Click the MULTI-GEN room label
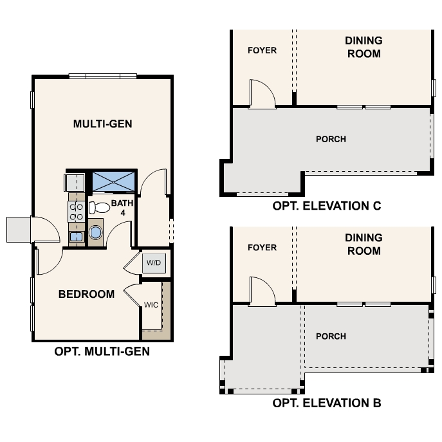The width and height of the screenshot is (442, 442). click(x=102, y=124)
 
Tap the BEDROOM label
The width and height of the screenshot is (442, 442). click(x=87, y=294)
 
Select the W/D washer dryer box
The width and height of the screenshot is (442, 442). click(x=154, y=263)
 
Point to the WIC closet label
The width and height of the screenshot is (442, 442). click(x=151, y=305)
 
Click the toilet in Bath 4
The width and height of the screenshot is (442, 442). click(x=99, y=208)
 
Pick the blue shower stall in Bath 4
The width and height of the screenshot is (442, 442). click(x=113, y=182)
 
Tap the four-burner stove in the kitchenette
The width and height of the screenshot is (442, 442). click(x=76, y=212)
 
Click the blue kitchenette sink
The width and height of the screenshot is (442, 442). click(x=76, y=236)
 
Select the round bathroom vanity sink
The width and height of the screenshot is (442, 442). click(x=96, y=232)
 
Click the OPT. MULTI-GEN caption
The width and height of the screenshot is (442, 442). click(x=102, y=351)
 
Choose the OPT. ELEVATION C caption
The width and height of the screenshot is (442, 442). click(x=327, y=206)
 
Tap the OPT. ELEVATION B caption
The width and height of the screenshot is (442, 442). click(x=327, y=403)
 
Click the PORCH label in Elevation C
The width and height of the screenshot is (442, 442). click(x=331, y=139)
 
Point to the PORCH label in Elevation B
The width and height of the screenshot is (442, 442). click(x=331, y=336)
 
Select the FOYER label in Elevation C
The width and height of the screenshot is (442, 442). click(x=262, y=50)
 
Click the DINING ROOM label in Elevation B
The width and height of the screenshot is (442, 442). click(x=364, y=244)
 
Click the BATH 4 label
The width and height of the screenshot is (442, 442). click(x=122, y=207)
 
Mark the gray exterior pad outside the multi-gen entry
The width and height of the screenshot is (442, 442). click(x=18, y=230)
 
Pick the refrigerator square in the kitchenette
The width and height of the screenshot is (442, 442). click(x=75, y=183)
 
